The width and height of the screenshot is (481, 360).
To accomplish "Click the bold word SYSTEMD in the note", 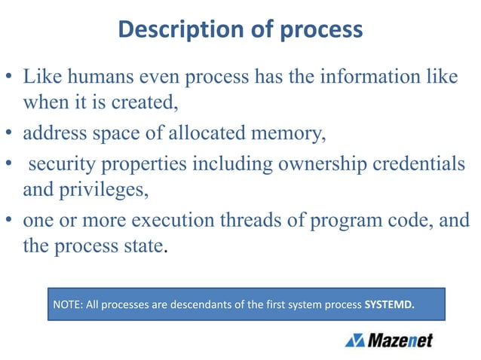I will click(x=390, y=306).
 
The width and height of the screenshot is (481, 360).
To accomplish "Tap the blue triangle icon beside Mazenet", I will click(x=355, y=341).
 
